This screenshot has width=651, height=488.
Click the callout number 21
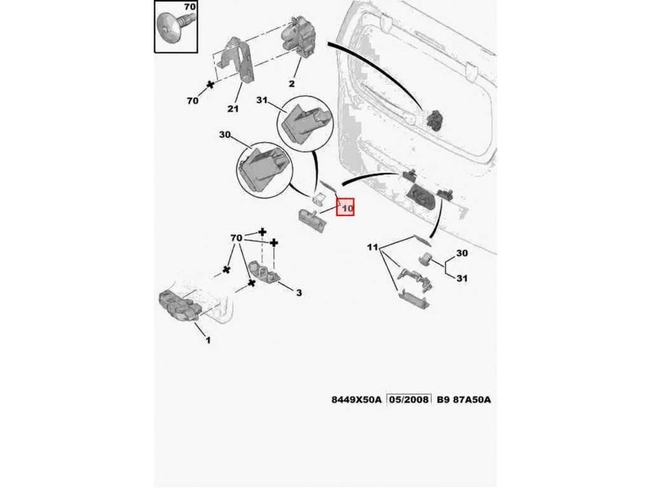(x=233, y=109)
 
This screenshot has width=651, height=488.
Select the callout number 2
(x=292, y=84)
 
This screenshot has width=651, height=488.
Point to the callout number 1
(x=208, y=340)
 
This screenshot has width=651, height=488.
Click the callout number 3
(x=299, y=293)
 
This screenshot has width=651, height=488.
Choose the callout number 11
(x=373, y=247)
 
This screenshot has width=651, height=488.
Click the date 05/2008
(x=409, y=399)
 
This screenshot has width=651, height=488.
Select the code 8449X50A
(x=356, y=399)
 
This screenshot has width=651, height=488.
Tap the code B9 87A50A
(x=463, y=399)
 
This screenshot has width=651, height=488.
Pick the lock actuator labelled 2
(x=298, y=38)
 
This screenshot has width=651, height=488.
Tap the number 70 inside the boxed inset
(x=189, y=7)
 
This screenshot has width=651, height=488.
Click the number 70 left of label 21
(x=193, y=100)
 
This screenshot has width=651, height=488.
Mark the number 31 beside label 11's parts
(x=462, y=278)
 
